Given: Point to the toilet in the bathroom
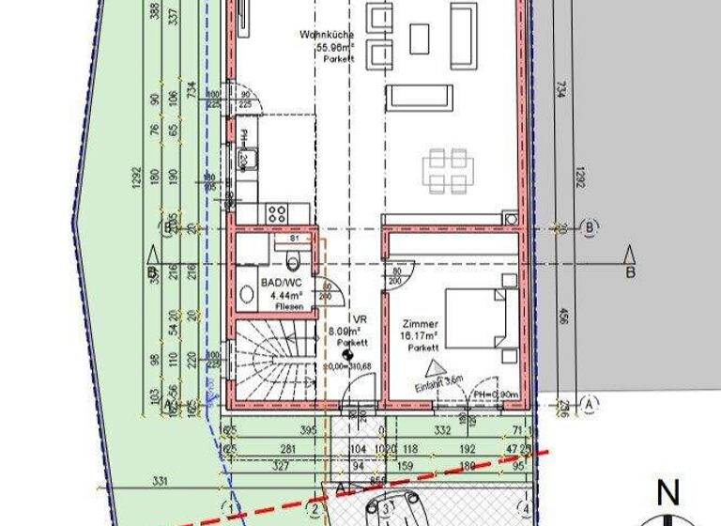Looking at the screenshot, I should (x=292, y=257).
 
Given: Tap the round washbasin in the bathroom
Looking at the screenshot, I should (x=246, y=293).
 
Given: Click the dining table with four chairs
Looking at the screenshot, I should (x=445, y=169).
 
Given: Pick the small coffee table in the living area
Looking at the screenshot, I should (x=419, y=38).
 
